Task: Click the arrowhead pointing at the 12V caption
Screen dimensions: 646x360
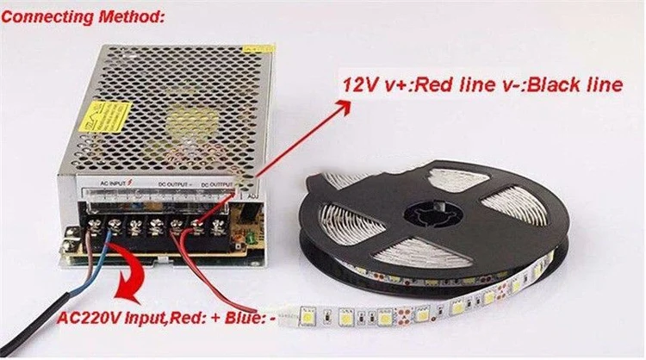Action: point(345,106)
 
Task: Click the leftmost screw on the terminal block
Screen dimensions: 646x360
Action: point(92,227)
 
